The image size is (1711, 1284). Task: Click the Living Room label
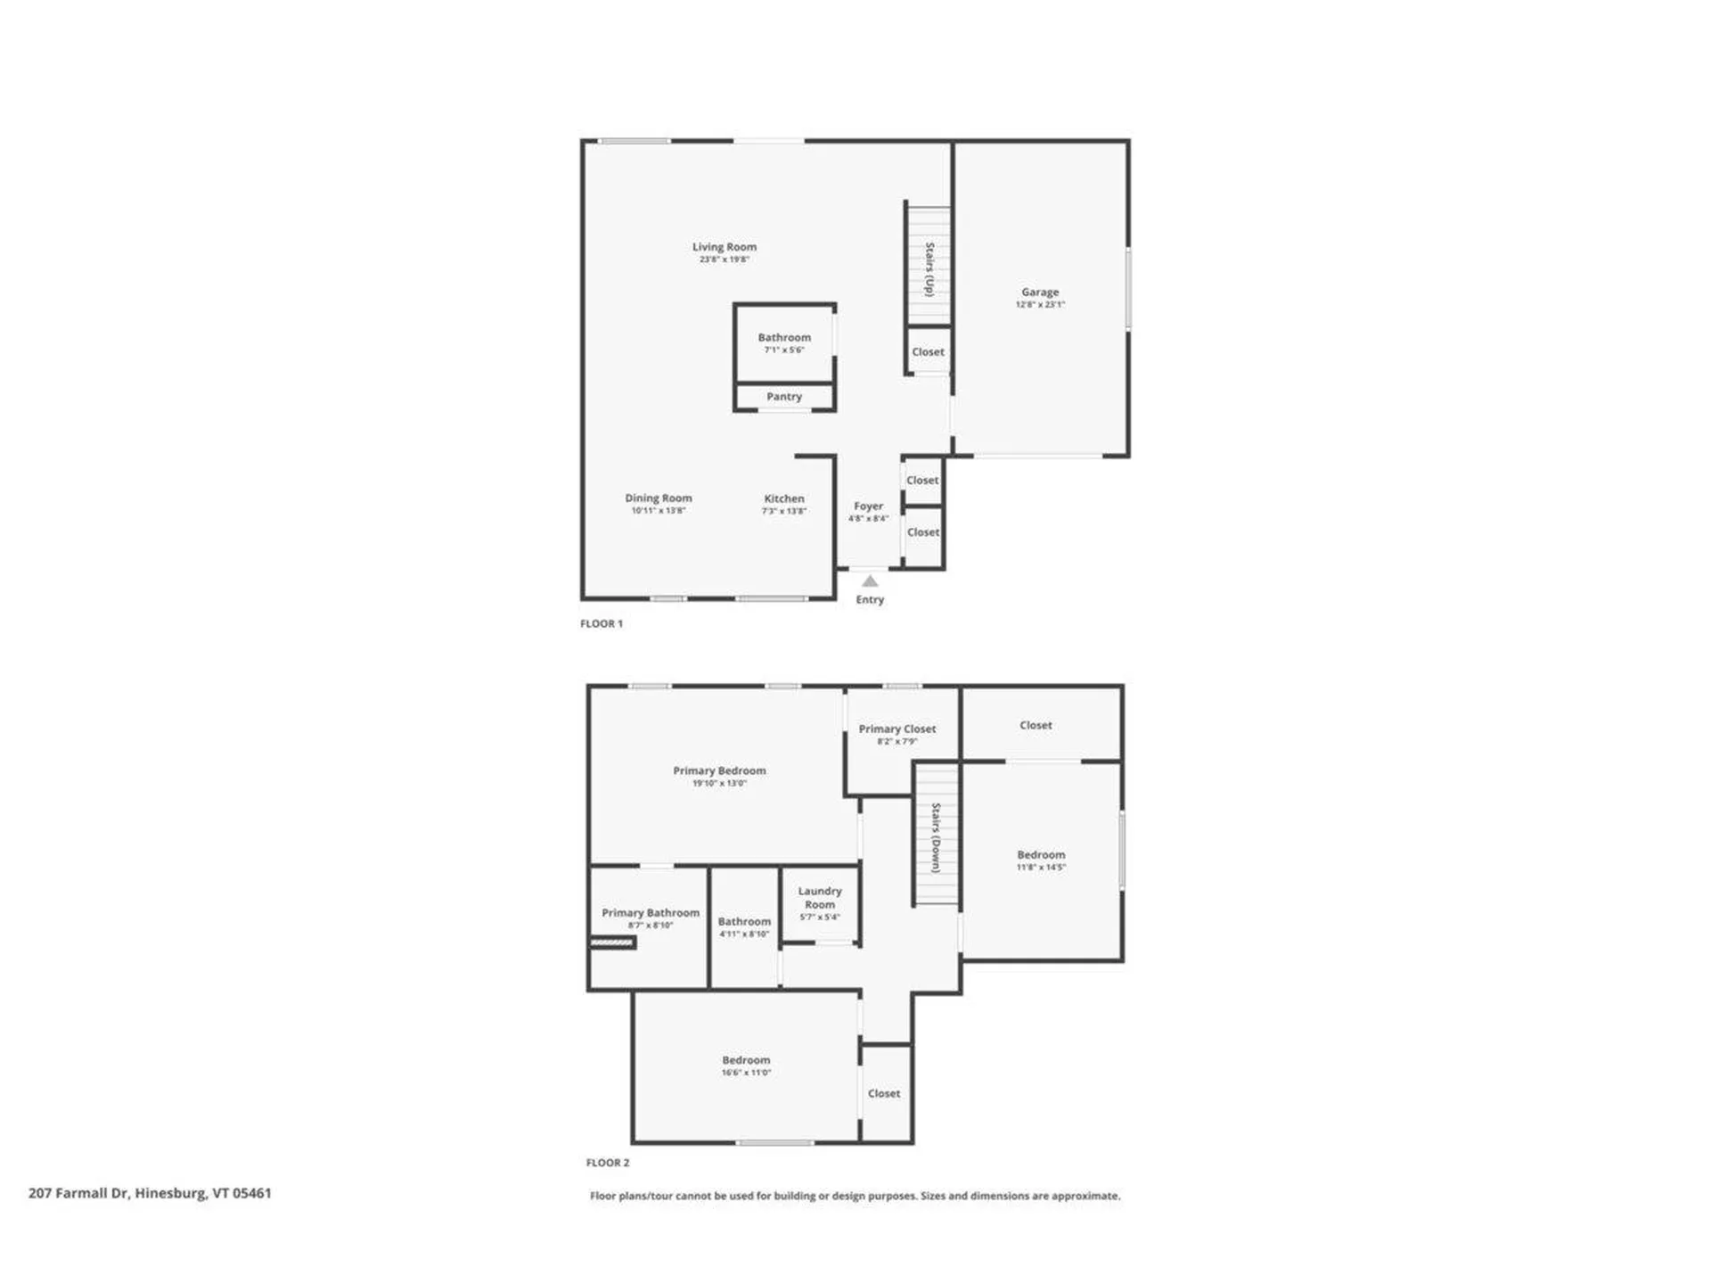point(724,247)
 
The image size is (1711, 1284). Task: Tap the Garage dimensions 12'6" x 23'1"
point(1040,305)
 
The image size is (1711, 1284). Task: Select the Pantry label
point(784,397)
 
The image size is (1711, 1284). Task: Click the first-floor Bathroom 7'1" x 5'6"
point(784,342)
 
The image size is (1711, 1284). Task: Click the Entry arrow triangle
point(870,581)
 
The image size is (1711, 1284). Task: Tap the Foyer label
point(868,506)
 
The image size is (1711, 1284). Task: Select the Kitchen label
point(784,499)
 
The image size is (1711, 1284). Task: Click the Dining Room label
point(659,498)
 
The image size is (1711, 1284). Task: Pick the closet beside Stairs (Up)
point(928,352)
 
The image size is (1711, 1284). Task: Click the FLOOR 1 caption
point(602,624)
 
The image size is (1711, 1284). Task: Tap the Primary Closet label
point(896,729)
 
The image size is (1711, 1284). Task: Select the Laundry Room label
point(820,897)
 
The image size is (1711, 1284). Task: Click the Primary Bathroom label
point(651,913)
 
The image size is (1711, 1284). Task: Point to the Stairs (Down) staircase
point(937,836)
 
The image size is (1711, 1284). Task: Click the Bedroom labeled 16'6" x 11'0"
point(746,1066)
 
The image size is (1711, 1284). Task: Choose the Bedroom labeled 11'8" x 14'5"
point(1041,860)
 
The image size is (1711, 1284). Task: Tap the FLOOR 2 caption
point(608,1163)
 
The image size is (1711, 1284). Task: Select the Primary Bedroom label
point(719,771)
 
